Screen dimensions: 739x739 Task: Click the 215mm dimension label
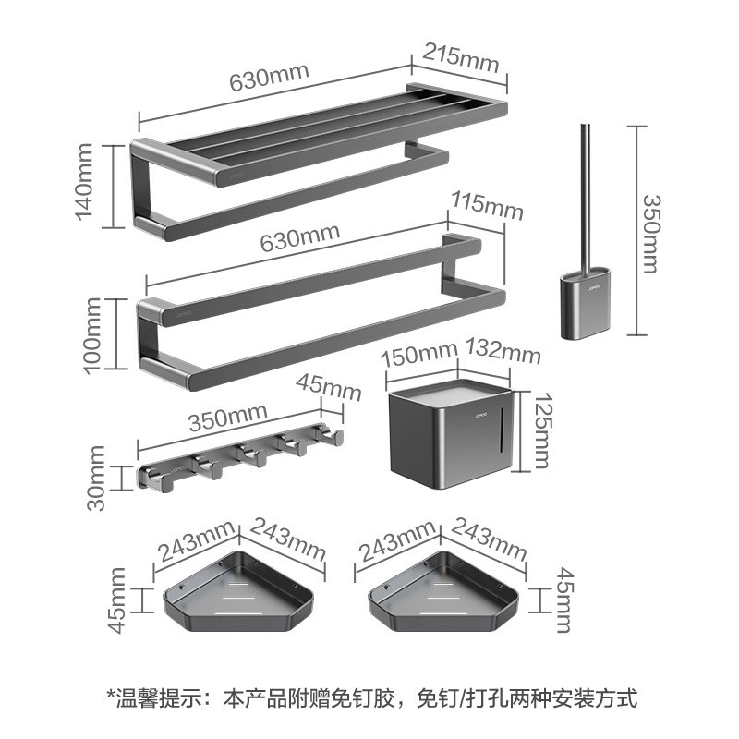tap(460, 58)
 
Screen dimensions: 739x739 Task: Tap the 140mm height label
tap(85, 181)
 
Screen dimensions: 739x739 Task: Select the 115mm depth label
tap(487, 206)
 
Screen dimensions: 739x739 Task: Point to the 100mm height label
tap(92, 335)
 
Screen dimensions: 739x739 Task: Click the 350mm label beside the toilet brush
tap(652, 234)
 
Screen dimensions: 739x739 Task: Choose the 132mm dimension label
tap(503, 351)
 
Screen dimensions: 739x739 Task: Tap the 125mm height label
tap(540, 430)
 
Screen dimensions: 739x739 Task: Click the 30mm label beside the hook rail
tap(96, 478)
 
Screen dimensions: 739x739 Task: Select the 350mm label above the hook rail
tap(227, 418)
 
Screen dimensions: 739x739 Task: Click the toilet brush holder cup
tap(587, 302)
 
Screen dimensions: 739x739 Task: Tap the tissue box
tap(450, 433)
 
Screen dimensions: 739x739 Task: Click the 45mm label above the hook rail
tap(329, 387)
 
